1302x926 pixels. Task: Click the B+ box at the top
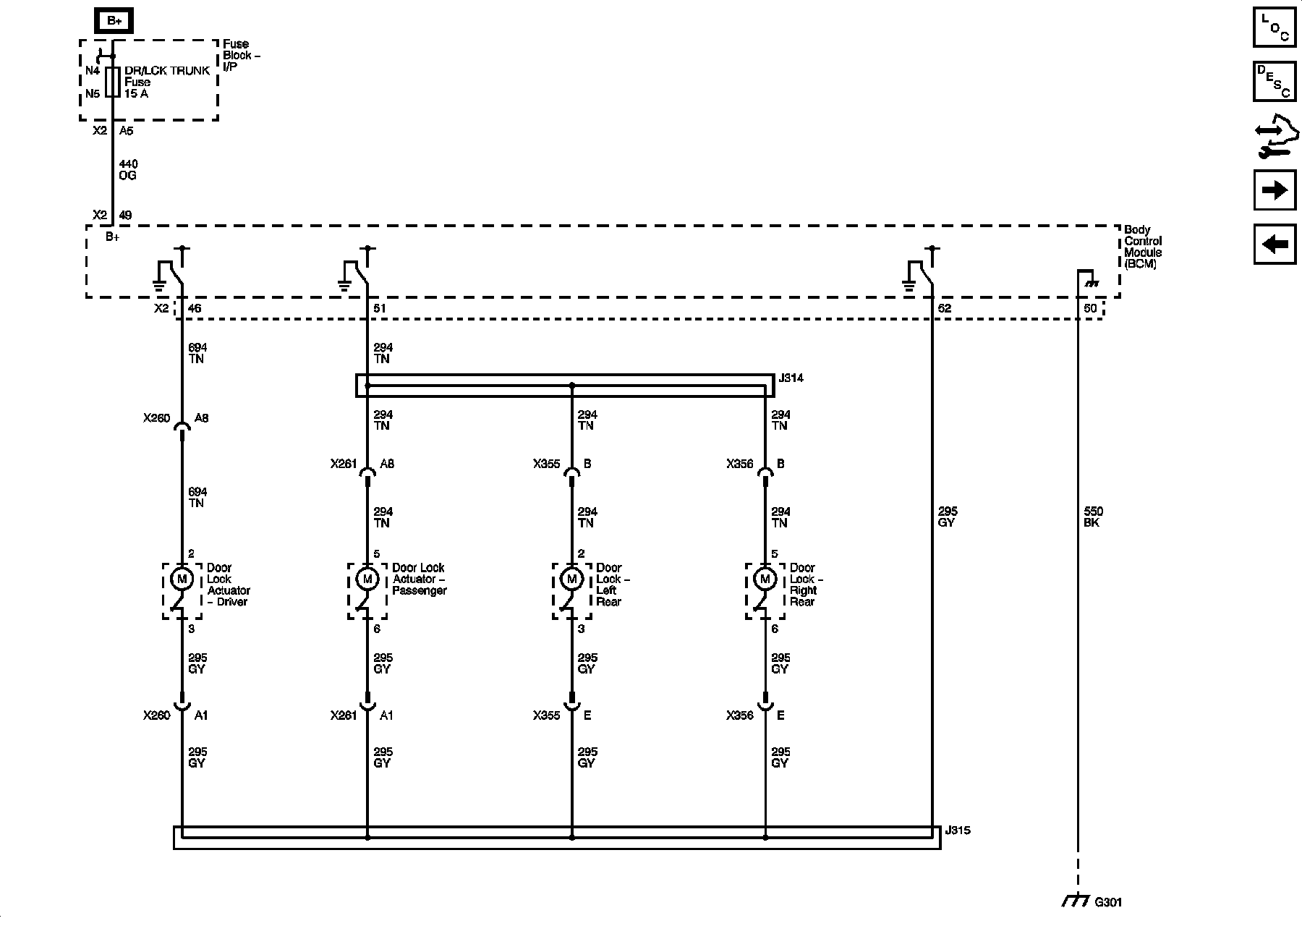114,21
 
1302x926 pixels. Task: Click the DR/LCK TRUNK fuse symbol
112,82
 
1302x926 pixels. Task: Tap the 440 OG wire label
127,170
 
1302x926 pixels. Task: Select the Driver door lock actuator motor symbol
182,579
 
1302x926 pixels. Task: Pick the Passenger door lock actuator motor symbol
367,579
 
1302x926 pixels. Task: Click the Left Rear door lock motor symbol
572,579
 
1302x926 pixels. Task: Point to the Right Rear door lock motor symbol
765,579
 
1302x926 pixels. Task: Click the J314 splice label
791,378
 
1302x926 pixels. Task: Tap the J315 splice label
958,831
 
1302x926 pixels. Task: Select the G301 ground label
1108,902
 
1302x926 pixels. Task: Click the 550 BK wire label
1093,517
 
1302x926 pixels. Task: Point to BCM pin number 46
195,309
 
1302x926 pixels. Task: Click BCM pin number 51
380,309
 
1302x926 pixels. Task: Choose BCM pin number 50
1091,309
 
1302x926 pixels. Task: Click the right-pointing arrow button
1275,190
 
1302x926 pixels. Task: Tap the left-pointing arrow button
1275,245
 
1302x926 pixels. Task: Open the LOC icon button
1275,27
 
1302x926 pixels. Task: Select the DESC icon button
1275,82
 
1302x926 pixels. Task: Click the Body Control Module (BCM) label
1143,247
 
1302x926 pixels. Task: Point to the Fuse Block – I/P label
241,55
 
